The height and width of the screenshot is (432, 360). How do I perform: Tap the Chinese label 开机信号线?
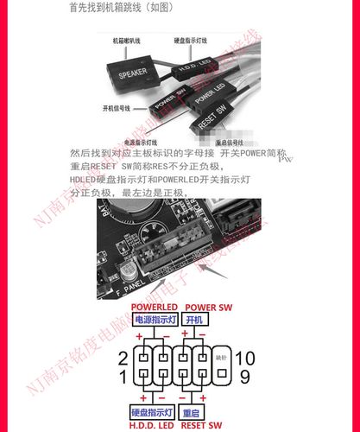coord(117,109)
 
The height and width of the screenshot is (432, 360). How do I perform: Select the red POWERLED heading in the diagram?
coord(154,308)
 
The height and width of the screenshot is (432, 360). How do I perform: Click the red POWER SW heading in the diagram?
coord(208,308)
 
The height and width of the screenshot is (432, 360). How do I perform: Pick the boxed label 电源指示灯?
coord(153,321)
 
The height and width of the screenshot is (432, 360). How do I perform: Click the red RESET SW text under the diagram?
coord(207,423)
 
